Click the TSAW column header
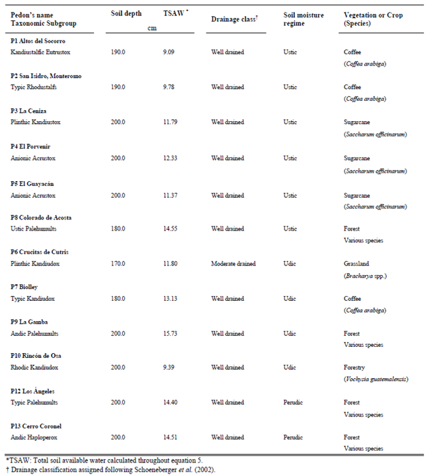165,15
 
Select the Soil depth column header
128,15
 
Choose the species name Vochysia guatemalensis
376,379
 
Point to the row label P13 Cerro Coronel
39,426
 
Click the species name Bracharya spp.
365,275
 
